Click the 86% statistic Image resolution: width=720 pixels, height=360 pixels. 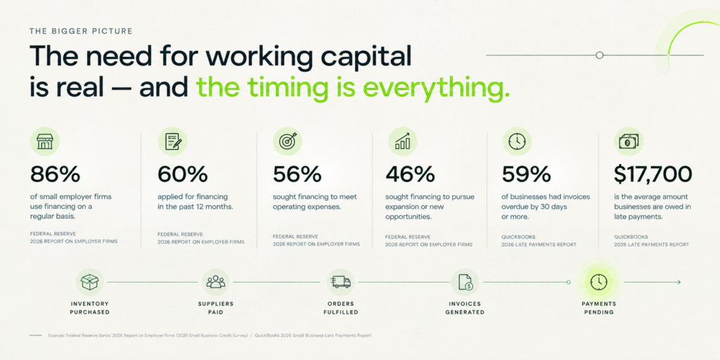click(x=55, y=174)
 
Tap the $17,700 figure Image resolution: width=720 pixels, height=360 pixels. click(x=653, y=174)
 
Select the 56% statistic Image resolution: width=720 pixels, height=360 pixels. click(x=297, y=174)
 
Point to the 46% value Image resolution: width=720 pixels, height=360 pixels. click(x=410, y=174)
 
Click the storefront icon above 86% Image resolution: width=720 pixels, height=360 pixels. click(x=44, y=141)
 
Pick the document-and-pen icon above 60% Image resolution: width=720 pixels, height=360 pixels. click(x=172, y=141)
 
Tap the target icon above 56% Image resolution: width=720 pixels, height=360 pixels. click(x=288, y=141)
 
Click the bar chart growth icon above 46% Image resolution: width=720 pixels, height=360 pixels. click(x=403, y=141)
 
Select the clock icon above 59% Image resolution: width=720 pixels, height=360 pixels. click(x=517, y=141)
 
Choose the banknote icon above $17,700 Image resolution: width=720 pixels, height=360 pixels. click(x=629, y=141)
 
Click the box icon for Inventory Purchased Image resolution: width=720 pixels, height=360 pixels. click(x=89, y=282)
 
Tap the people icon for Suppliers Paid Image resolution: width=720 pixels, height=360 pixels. click(x=215, y=282)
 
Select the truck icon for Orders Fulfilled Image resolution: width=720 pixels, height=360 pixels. click(x=341, y=282)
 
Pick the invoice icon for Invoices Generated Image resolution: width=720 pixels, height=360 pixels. click(x=465, y=282)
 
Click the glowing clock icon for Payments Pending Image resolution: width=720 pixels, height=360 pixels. click(x=599, y=282)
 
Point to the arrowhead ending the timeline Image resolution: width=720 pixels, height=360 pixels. click(x=679, y=282)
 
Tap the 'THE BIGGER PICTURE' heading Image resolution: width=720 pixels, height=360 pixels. click(x=81, y=31)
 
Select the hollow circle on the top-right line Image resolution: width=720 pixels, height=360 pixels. click(x=599, y=55)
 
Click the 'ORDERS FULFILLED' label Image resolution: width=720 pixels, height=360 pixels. click(x=341, y=308)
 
